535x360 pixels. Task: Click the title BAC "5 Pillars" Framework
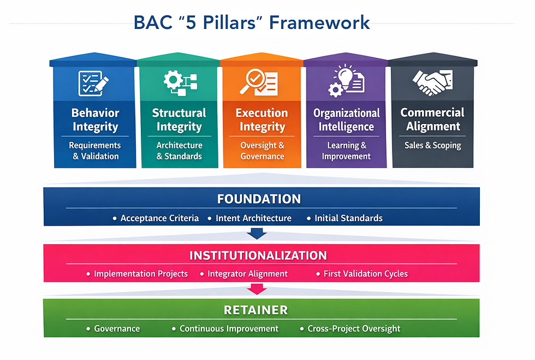tap(252, 23)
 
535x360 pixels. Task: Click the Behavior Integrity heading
tap(95, 120)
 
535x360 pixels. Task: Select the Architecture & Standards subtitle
tap(179, 151)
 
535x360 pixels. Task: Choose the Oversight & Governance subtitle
tap(262, 151)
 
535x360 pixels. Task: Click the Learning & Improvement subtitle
tap(346, 151)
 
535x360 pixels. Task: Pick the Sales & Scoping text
tap(432, 145)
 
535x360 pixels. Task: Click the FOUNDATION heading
tap(259, 199)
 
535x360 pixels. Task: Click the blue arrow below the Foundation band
tap(257, 233)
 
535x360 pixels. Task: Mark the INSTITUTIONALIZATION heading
tap(258, 255)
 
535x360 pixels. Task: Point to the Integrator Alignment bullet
tap(247, 274)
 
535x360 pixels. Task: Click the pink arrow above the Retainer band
tap(257, 289)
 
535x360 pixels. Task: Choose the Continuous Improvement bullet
tap(229, 329)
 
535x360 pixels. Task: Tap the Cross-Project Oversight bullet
tap(354, 329)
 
